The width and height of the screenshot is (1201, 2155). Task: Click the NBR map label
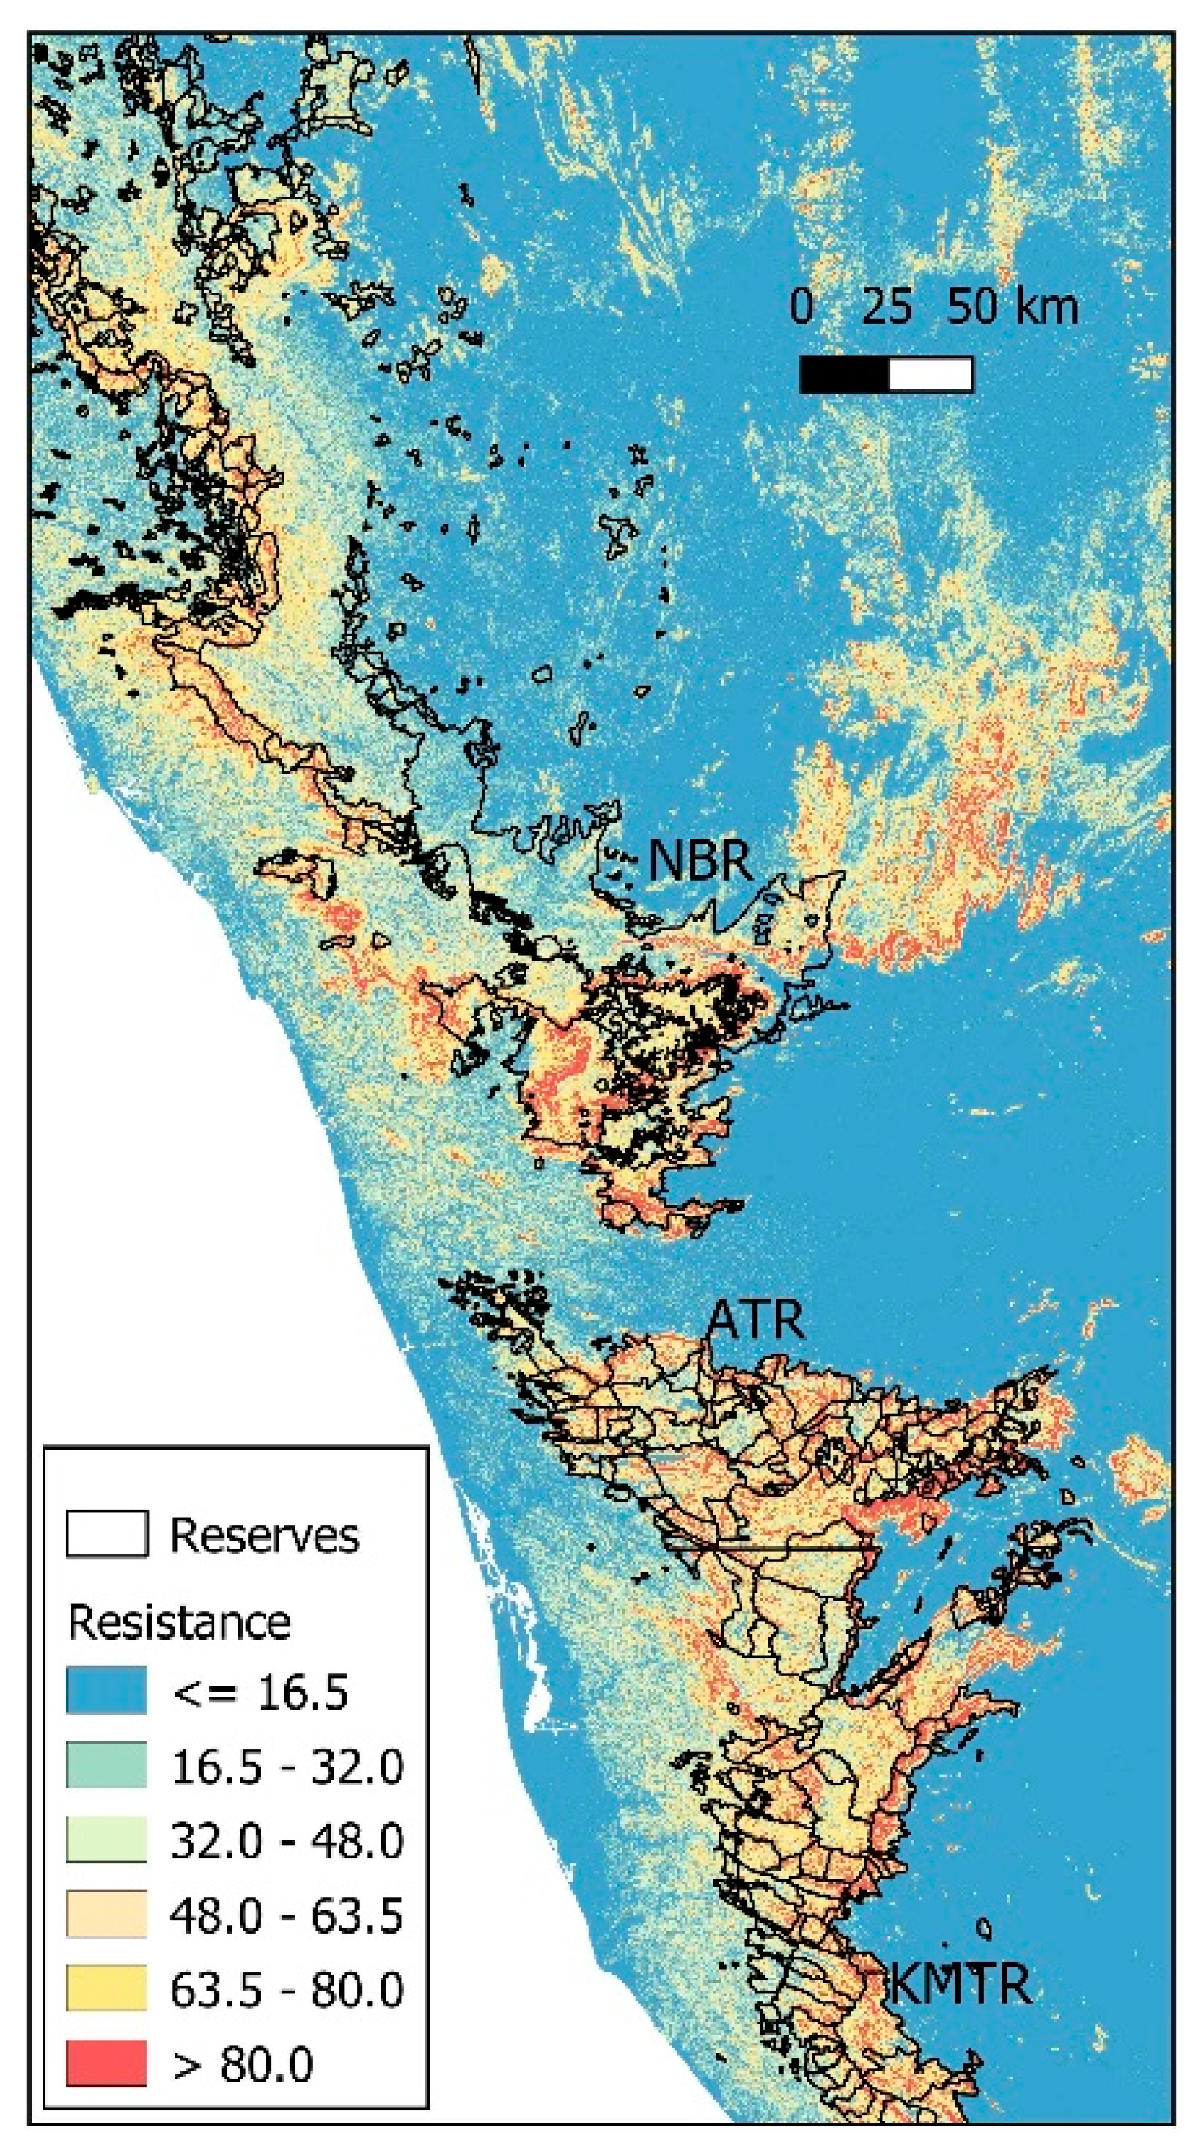coord(700,860)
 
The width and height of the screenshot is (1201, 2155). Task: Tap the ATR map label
coord(755,1320)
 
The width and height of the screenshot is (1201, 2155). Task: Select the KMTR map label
coord(960,1983)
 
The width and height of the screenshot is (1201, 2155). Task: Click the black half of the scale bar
coord(844,374)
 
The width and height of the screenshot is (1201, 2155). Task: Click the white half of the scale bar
coord(930,374)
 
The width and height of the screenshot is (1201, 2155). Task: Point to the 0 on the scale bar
coord(801,307)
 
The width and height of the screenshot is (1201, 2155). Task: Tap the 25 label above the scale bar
coord(886,307)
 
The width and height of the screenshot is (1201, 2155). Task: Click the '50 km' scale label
coord(1013,307)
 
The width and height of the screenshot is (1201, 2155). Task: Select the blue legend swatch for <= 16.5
coord(106,1690)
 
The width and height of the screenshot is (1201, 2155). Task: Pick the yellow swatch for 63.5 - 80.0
coord(106,1989)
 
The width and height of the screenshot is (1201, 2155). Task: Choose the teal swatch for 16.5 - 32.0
coord(106,1764)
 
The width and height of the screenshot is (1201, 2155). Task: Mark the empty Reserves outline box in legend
coord(106,1533)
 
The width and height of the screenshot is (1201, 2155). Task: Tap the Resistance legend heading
coord(179,1622)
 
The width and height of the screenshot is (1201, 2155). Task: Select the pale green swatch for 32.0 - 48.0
coord(106,1839)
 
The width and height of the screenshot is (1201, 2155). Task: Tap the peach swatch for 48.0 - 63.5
coord(106,1914)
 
